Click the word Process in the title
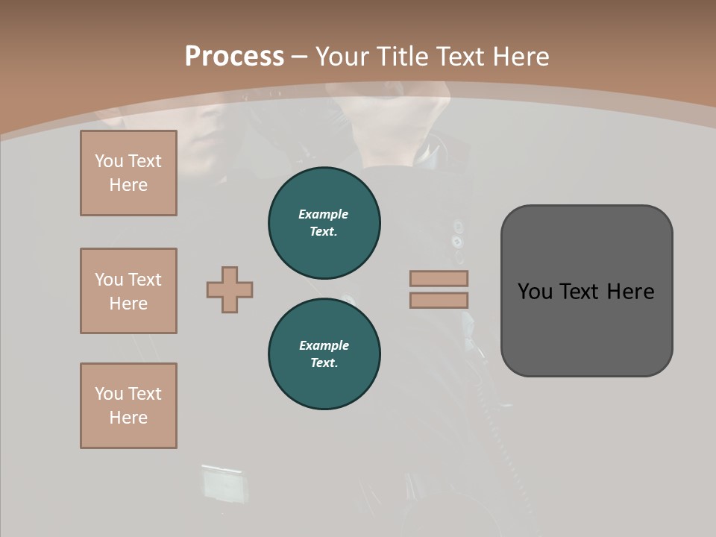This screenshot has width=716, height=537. pyautogui.click(x=234, y=57)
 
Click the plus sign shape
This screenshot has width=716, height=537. pyautogui.click(x=230, y=289)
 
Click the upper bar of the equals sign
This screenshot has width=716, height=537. pyautogui.click(x=439, y=278)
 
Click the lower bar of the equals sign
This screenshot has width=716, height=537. pyautogui.click(x=439, y=301)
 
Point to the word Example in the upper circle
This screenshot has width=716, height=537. pyautogui.click(x=324, y=214)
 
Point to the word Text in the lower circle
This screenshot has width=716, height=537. pyautogui.click(x=324, y=363)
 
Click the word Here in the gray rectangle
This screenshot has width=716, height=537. pyautogui.click(x=630, y=291)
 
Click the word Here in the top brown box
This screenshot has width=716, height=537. pyautogui.click(x=128, y=185)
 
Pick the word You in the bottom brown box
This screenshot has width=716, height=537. pyautogui.click(x=109, y=394)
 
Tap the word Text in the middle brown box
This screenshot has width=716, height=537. pyautogui.click(x=145, y=280)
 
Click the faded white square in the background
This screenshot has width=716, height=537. pyautogui.click(x=223, y=483)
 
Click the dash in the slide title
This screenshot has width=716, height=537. pyautogui.click(x=300, y=57)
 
